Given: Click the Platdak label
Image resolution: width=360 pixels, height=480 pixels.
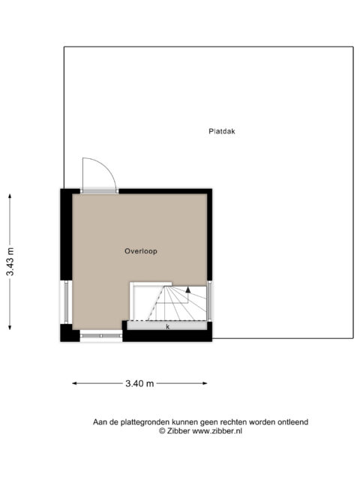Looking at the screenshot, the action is [x=222, y=131].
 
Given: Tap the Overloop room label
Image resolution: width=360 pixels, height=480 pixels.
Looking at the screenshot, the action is [x=141, y=251].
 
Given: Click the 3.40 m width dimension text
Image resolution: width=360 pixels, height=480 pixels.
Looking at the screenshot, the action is [x=139, y=383].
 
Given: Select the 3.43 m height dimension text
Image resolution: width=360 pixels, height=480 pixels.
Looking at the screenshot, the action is [x=10, y=262].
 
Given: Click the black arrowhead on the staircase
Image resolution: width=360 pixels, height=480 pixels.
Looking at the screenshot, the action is [x=188, y=289].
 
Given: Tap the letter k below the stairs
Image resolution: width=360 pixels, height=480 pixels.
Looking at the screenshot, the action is [x=168, y=327].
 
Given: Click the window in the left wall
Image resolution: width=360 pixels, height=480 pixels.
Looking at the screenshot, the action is [x=66, y=301].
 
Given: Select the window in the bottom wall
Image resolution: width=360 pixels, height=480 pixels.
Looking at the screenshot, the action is [x=101, y=336].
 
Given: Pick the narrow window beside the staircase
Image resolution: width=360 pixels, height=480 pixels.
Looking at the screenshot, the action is [x=209, y=301].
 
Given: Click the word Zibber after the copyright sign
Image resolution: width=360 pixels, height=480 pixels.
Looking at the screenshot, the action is [x=178, y=430].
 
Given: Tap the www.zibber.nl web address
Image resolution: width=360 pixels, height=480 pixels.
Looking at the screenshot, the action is [x=217, y=430].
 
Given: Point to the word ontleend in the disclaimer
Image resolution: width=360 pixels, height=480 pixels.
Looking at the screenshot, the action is [x=293, y=422].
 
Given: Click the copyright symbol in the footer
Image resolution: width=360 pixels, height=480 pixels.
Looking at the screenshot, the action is [x=162, y=431].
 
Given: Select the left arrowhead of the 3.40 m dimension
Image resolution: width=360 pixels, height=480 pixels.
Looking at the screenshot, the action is [x=74, y=383].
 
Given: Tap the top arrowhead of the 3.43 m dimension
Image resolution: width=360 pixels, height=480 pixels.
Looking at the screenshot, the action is [x=10, y=196].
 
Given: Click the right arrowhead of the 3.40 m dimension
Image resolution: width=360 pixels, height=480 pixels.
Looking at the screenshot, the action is [x=205, y=383].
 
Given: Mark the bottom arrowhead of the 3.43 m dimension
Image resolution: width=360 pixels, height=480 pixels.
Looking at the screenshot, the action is [x=10, y=327].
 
